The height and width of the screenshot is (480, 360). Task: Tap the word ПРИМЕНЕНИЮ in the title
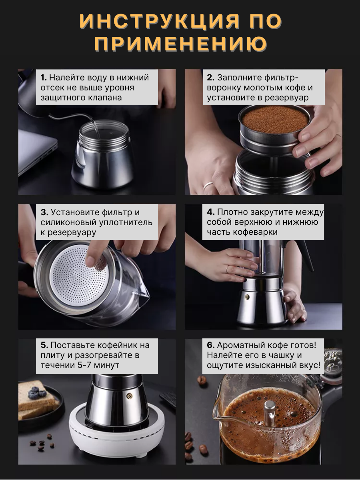click(x=180, y=44)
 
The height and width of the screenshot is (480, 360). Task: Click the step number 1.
click(x=43, y=78)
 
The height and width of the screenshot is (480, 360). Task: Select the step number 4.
click(x=211, y=212)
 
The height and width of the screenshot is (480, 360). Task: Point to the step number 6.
click(x=211, y=345)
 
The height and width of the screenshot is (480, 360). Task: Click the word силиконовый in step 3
click(x=69, y=222)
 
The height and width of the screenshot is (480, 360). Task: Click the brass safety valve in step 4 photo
click(x=247, y=297)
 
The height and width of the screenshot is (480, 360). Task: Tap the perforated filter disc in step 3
click(x=79, y=275)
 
